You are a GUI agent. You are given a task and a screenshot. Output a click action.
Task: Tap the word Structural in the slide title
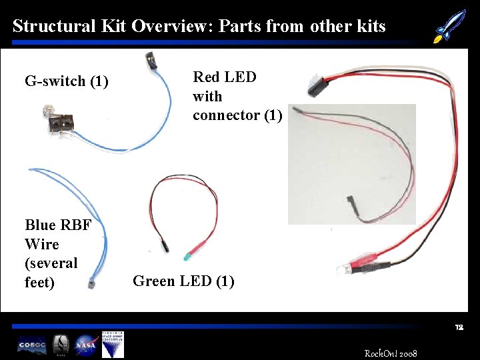[54, 27]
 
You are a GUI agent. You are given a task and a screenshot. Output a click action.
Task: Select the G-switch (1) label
[66, 82]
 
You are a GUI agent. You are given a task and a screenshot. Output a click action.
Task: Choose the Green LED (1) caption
[183, 281]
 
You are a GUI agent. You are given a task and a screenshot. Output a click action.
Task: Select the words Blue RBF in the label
[58, 225]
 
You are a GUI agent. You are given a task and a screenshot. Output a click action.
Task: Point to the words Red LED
[225, 77]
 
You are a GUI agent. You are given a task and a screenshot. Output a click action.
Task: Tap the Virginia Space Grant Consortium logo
[117, 344]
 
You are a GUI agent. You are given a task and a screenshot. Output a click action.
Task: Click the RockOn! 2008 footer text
[391, 352]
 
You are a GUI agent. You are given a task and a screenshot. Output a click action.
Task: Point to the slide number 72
[459, 328]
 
